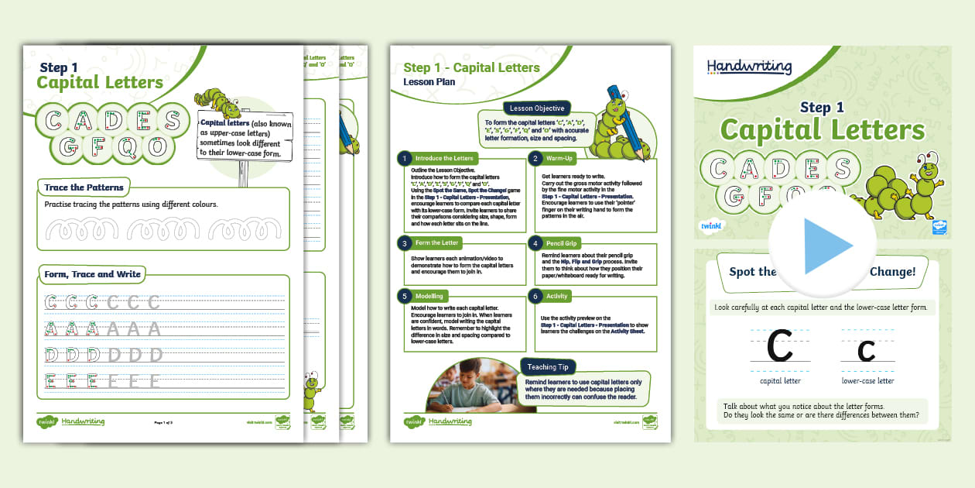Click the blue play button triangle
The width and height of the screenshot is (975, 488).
coord(826,246)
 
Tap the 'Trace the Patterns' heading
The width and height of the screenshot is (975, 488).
coord(84,187)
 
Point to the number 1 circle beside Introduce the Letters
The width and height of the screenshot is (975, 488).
coord(403,158)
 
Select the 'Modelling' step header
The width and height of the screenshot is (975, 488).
coord(429,296)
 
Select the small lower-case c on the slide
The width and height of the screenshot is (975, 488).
coord(867,352)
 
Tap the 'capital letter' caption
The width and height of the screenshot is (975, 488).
coord(780,381)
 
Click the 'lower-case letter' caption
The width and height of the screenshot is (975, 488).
coord(867,381)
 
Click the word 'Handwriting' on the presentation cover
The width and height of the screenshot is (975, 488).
coord(749,67)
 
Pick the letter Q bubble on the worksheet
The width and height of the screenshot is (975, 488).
coord(130,146)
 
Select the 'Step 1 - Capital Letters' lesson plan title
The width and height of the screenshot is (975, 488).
coord(471,67)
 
